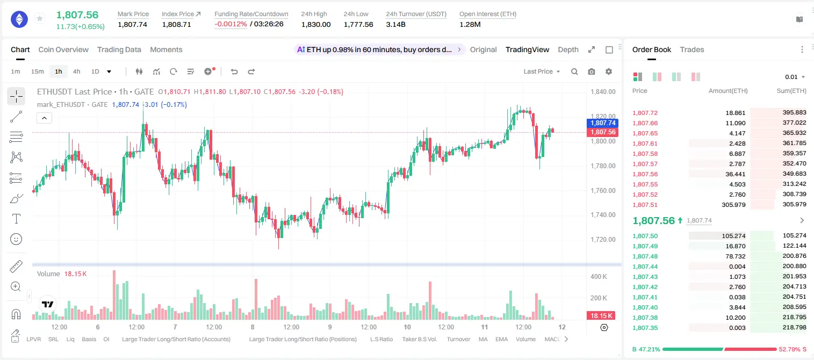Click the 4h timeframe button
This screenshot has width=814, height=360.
(76, 71)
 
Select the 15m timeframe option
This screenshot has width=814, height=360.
(37, 71)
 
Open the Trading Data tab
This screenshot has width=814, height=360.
(119, 49)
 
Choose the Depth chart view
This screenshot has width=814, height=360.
(568, 49)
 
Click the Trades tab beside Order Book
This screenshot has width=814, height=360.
(691, 49)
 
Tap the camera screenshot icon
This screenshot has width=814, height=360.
(591, 71)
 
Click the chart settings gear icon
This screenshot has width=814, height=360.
(609, 71)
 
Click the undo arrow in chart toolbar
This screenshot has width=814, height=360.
(234, 71)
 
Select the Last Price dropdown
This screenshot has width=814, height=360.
(542, 71)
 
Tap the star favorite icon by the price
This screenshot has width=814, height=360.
(40, 18)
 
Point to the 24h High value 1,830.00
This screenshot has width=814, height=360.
(316, 24)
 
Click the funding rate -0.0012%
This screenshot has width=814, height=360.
(230, 24)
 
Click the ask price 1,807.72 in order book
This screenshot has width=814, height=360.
(645, 113)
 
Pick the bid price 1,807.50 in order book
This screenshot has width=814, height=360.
(645, 236)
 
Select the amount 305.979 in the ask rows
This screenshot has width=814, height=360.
(733, 205)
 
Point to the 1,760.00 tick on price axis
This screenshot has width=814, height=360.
(603, 190)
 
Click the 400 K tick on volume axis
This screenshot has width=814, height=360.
(599, 277)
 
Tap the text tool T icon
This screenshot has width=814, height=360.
(16, 219)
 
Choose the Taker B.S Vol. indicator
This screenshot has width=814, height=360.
(419, 339)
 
